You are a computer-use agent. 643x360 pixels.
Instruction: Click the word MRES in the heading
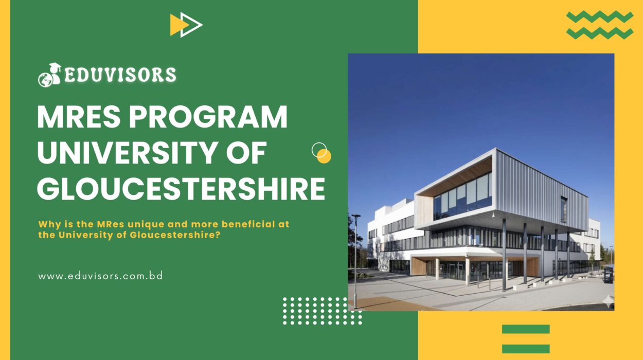79,117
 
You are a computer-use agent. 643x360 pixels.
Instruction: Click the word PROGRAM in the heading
208,117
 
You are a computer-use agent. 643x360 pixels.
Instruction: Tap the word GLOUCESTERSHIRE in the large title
181,189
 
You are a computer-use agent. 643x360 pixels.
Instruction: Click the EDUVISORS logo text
120,75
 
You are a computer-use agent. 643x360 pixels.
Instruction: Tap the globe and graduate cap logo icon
49,75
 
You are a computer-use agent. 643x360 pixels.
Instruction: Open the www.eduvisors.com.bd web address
100,276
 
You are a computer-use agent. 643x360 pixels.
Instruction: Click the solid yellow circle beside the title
324,156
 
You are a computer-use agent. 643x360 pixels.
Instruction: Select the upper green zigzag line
600,17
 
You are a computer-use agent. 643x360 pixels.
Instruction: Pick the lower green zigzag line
600,33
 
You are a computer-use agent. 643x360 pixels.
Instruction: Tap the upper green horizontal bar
526,329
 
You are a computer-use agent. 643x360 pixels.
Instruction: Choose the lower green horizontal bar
526,349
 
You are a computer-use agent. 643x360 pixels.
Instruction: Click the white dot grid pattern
322,311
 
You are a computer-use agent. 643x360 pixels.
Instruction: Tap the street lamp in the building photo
355,261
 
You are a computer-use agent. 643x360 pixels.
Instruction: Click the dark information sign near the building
609,275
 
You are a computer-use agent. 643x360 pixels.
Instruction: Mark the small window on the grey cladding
564,209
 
